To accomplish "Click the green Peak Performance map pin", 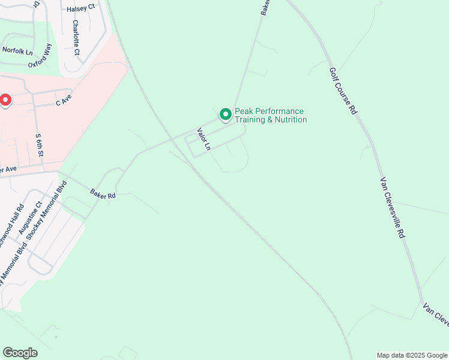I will tap(225, 114).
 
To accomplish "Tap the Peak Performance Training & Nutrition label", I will tap(270, 115).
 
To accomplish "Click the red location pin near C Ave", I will tap(5, 100).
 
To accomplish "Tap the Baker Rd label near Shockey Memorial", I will tap(103, 195).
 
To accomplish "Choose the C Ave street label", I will tap(64, 100).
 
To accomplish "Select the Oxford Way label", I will tap(40, 55).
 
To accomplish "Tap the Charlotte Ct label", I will tap(76, 38).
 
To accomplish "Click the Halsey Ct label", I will tap(81, 8).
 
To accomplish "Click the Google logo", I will tap(20, 353).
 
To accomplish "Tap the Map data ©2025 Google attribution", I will tap(412, 355).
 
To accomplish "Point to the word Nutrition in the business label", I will tap(289, 120).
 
